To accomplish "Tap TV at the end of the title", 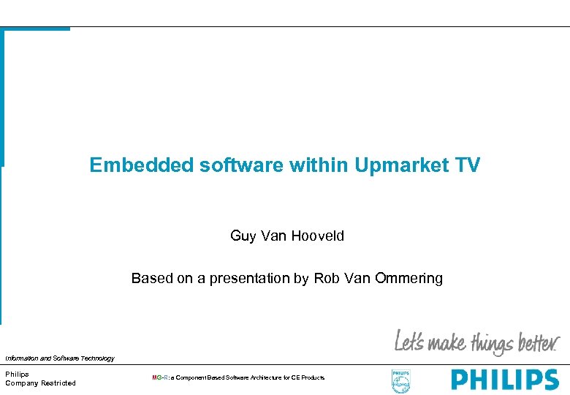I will coord(466,165).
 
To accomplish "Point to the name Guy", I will coord(241,236).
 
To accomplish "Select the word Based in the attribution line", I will coord(148,278).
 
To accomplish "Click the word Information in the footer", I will coord(22,358).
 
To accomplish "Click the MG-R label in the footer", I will coord(160,377).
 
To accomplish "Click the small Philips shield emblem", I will coord(401,380).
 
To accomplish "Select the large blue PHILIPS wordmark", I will coord(504,380).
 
